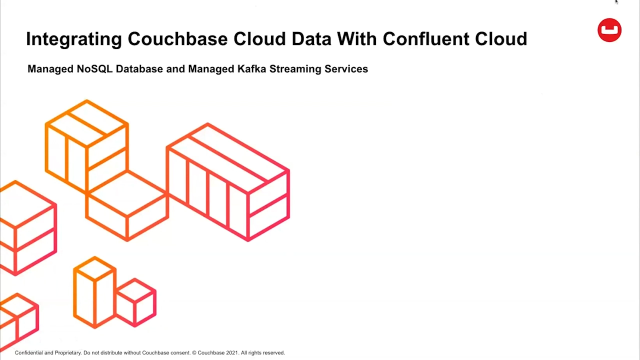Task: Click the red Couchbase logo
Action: (607, 32)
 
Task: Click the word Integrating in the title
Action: (73, 40)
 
